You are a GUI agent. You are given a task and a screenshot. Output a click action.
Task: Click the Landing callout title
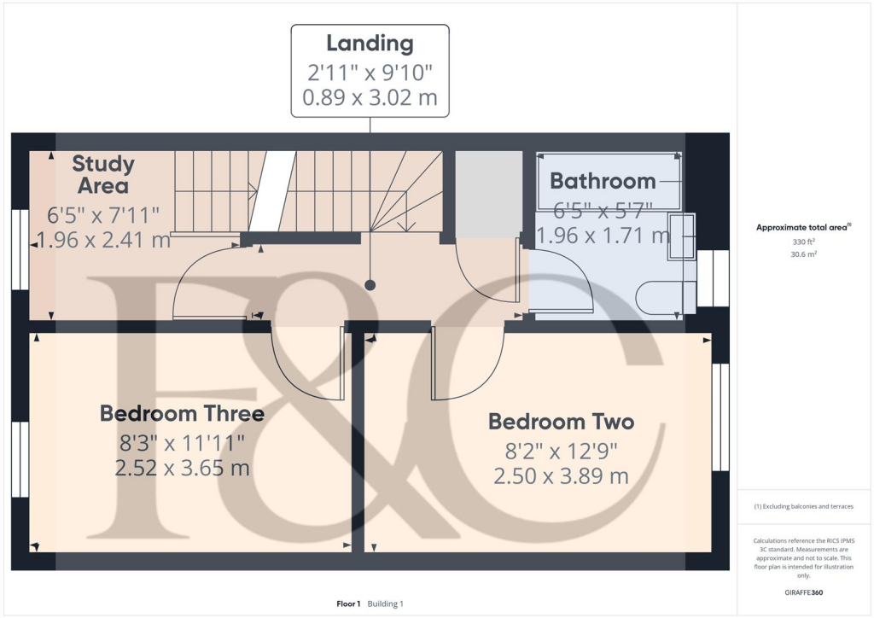point(370,44)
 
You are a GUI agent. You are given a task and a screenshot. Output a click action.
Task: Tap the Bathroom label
point(603,181)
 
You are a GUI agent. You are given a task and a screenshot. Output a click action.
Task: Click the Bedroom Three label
point(182,414)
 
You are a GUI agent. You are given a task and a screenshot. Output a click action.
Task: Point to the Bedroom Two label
point(561,422)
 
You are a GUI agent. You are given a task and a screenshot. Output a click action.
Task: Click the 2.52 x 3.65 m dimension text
point(182,469)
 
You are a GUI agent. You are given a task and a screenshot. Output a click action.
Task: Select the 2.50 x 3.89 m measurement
point(561,476)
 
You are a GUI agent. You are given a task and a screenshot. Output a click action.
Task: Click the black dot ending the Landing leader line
point(370,284)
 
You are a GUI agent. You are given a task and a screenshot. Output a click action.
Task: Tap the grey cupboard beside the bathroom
point(488,193)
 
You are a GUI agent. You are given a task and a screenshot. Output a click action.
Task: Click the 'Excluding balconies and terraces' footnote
point(804,506)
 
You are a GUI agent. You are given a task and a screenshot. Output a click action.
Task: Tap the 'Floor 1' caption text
point(348,604)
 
